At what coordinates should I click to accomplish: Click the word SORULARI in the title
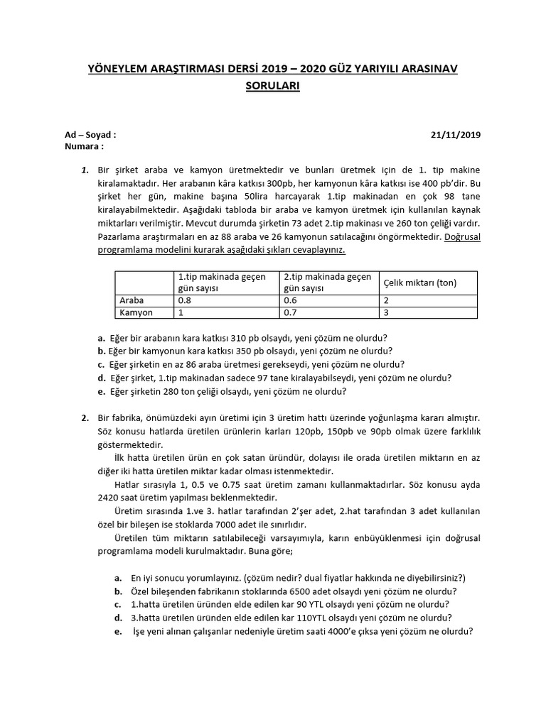tap(272, 86)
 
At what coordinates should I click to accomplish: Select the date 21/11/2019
tap(456, 134)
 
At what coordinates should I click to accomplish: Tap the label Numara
tap(82, 146)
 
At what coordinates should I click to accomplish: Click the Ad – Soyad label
tap(90, 134)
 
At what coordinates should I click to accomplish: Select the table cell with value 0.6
tap(290, 300)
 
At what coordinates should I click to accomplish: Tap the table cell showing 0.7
tap(290, 312)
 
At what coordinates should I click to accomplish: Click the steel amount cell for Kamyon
tap(386, 312)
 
